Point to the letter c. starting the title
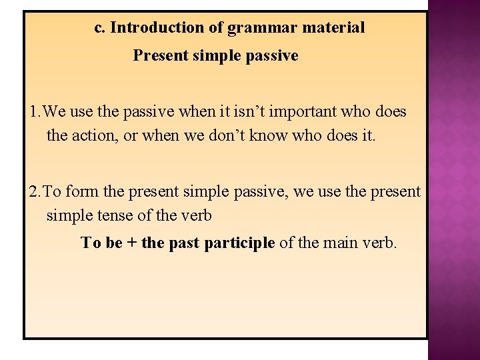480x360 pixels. (100, 28)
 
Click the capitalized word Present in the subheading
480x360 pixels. (161, 55)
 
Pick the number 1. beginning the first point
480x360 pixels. (36, 112)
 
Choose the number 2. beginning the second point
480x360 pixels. (36, 192)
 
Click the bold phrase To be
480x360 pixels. (101, 243)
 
